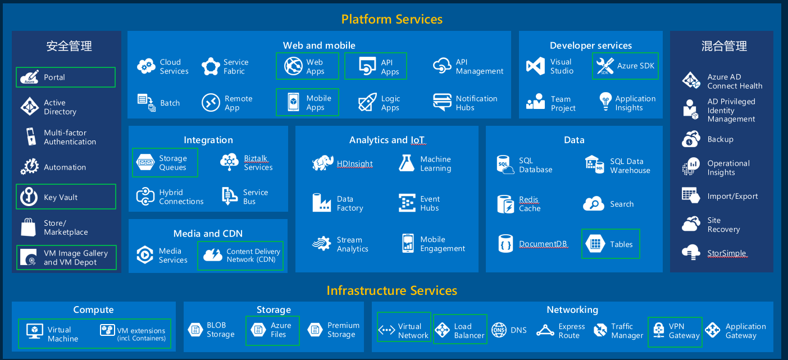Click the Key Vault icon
point(29,197)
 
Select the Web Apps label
point(315,67)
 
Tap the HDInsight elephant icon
point(323,163)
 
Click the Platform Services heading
point(392,19)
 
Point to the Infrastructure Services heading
point(392,290)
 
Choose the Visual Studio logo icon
point(535,66)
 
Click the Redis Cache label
point(530,204)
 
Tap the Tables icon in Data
point(594,244)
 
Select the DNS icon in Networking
point(499,330)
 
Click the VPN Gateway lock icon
point(657,331)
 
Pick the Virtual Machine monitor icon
point(35,330)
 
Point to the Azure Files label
point(281,330)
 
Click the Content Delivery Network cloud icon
point(213,255)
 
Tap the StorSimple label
point(727,253)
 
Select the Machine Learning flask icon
point(407,163)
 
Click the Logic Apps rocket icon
point(367,103)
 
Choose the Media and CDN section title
point(208,234)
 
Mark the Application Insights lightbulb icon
point(604,102)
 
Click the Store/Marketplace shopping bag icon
point(29,227)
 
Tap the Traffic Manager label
point(627,331)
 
